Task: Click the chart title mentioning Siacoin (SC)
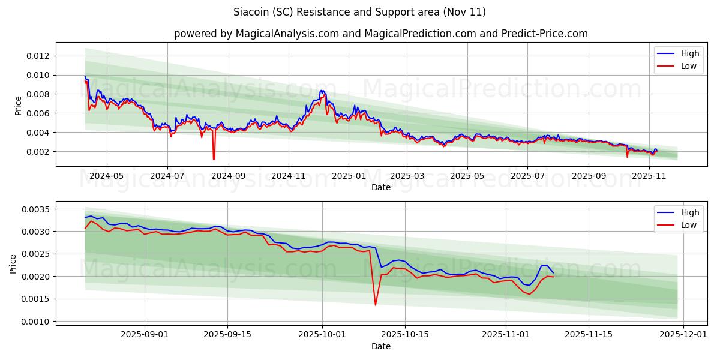pyautogui.click(x=359, y=12)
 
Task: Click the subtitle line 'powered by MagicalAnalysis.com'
pyautogui.click(x=380, y=34)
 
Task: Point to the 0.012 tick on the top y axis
pyautogui.click(x=40, y=56)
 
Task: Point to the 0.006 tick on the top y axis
pyautogui.click(x=40, y=113)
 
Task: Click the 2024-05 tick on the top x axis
pyautogui.click(x=107, y=176)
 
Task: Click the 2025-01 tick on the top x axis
pyautogui.click(x=349, y=176)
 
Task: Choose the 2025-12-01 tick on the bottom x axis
pyautogui.click(x=685, y=335)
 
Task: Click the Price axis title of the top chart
pyautogui.click(x=18, y=105)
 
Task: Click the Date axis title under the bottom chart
pyautogui.click(x=380, y=346)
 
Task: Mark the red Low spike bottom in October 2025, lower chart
pyautogui.click(x=376, y=305)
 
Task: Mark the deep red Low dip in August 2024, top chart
pyautogui.click(x=214, y=159)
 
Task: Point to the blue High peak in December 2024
pyautogui.click(x=322, y=91)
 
